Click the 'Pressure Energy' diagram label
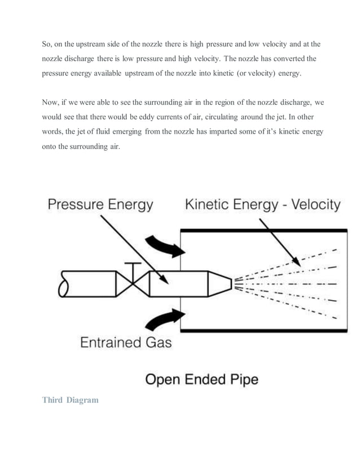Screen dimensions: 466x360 100,205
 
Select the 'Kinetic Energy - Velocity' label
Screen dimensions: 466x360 262,205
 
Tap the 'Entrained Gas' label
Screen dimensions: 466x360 126,342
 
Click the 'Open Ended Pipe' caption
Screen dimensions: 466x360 201,379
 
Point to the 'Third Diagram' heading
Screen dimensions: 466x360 70,400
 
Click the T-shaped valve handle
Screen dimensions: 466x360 132,266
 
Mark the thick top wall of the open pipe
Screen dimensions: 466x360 263,231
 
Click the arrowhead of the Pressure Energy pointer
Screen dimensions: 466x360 164,278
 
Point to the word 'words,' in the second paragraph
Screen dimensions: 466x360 55,131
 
